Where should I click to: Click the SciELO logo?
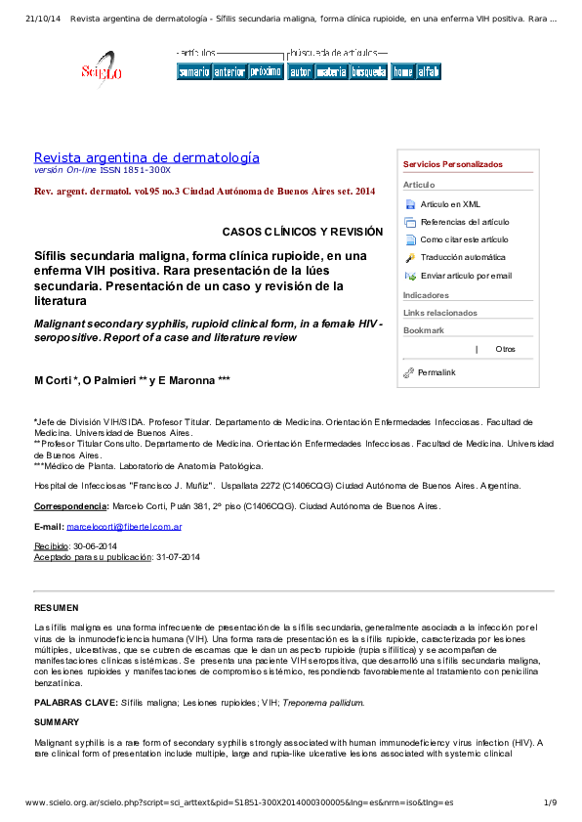(101, 68)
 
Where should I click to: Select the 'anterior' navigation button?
(229, 71)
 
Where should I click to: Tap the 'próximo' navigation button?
(265, 71)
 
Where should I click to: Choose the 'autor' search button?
(300, 71)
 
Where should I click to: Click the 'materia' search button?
(331, 71)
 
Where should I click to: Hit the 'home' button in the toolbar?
(402, 71)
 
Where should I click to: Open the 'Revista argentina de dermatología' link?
(146, 157)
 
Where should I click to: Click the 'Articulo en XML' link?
(450, 204)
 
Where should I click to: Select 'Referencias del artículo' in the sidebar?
(464, 222)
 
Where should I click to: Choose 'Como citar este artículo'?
(464, 239)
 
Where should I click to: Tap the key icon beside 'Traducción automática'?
(410, 257)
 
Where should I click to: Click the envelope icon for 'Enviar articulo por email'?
(410, 276)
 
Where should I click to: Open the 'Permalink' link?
(436, 372)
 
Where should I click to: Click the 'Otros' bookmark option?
(505, 349)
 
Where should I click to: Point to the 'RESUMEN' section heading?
(56, 607)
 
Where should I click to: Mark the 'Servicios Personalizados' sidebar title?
(452, 164)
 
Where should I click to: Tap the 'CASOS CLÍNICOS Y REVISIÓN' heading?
(302, 232)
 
